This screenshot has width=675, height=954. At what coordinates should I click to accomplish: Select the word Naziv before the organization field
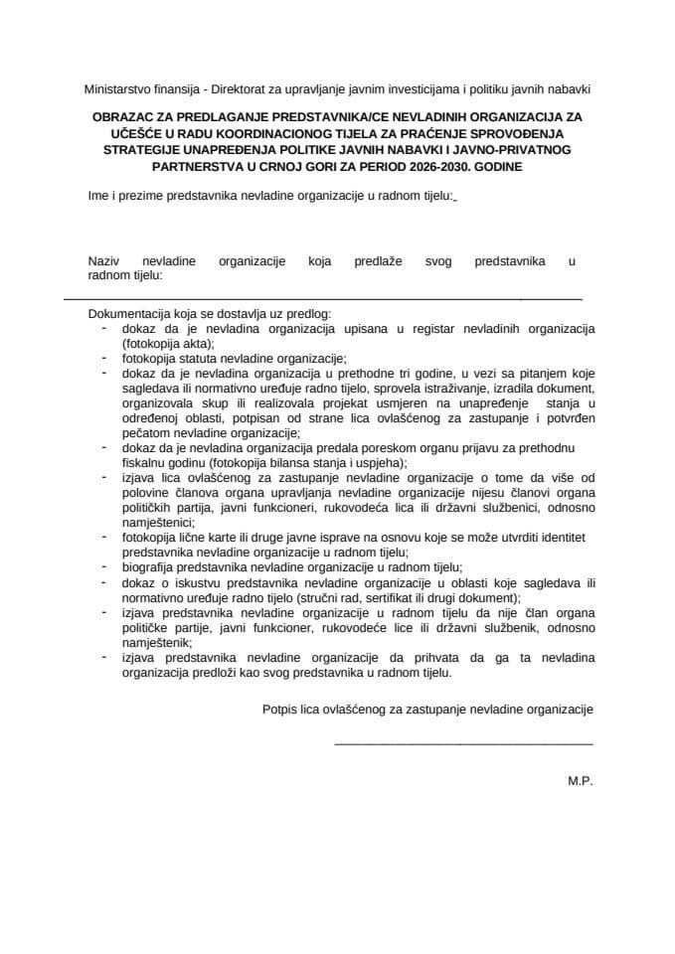pyautogui.click(x=104, y=261)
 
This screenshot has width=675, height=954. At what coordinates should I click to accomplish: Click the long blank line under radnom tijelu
pyautogui.click(x=323, y=297)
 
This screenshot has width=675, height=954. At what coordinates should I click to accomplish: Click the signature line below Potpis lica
pyautogui.click(x=463, y=743)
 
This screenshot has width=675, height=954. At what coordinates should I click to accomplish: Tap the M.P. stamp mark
pyautogui.click(x=580, y=781)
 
